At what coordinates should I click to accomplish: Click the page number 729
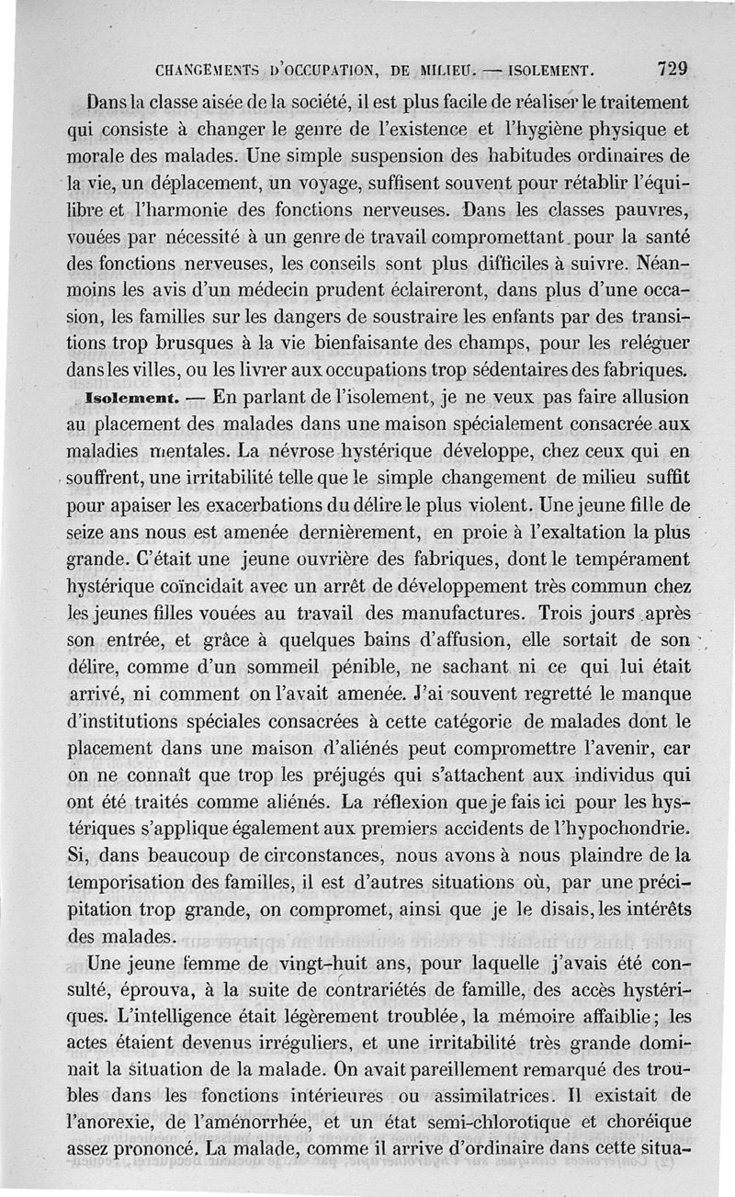pos(673,69)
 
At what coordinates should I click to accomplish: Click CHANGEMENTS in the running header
pos(211,70)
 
